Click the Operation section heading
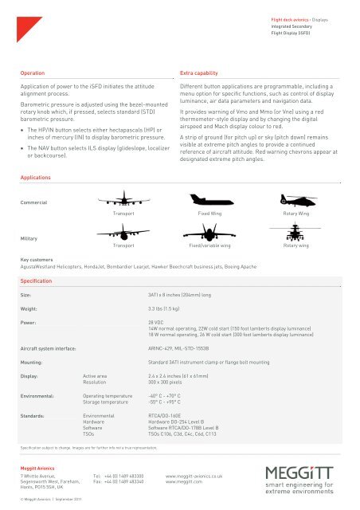tap(33, 71)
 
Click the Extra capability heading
tap(202, 71)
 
